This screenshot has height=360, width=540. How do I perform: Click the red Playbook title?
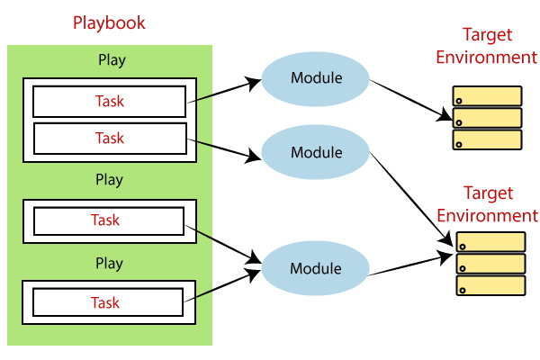click(110, 22)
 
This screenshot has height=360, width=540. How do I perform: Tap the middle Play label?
click(110, 179)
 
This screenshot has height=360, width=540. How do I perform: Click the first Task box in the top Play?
click(110, 102)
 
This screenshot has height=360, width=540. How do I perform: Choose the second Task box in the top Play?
click(110, 138)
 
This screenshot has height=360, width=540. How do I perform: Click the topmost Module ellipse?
click(316, 78)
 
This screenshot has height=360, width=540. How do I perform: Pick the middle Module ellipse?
click(316, 152)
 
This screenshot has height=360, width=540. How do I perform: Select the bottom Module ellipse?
click(316, 268)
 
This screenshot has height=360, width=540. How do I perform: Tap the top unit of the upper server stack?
click(487, 97)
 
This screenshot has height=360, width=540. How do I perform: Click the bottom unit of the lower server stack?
click(490, 286)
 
